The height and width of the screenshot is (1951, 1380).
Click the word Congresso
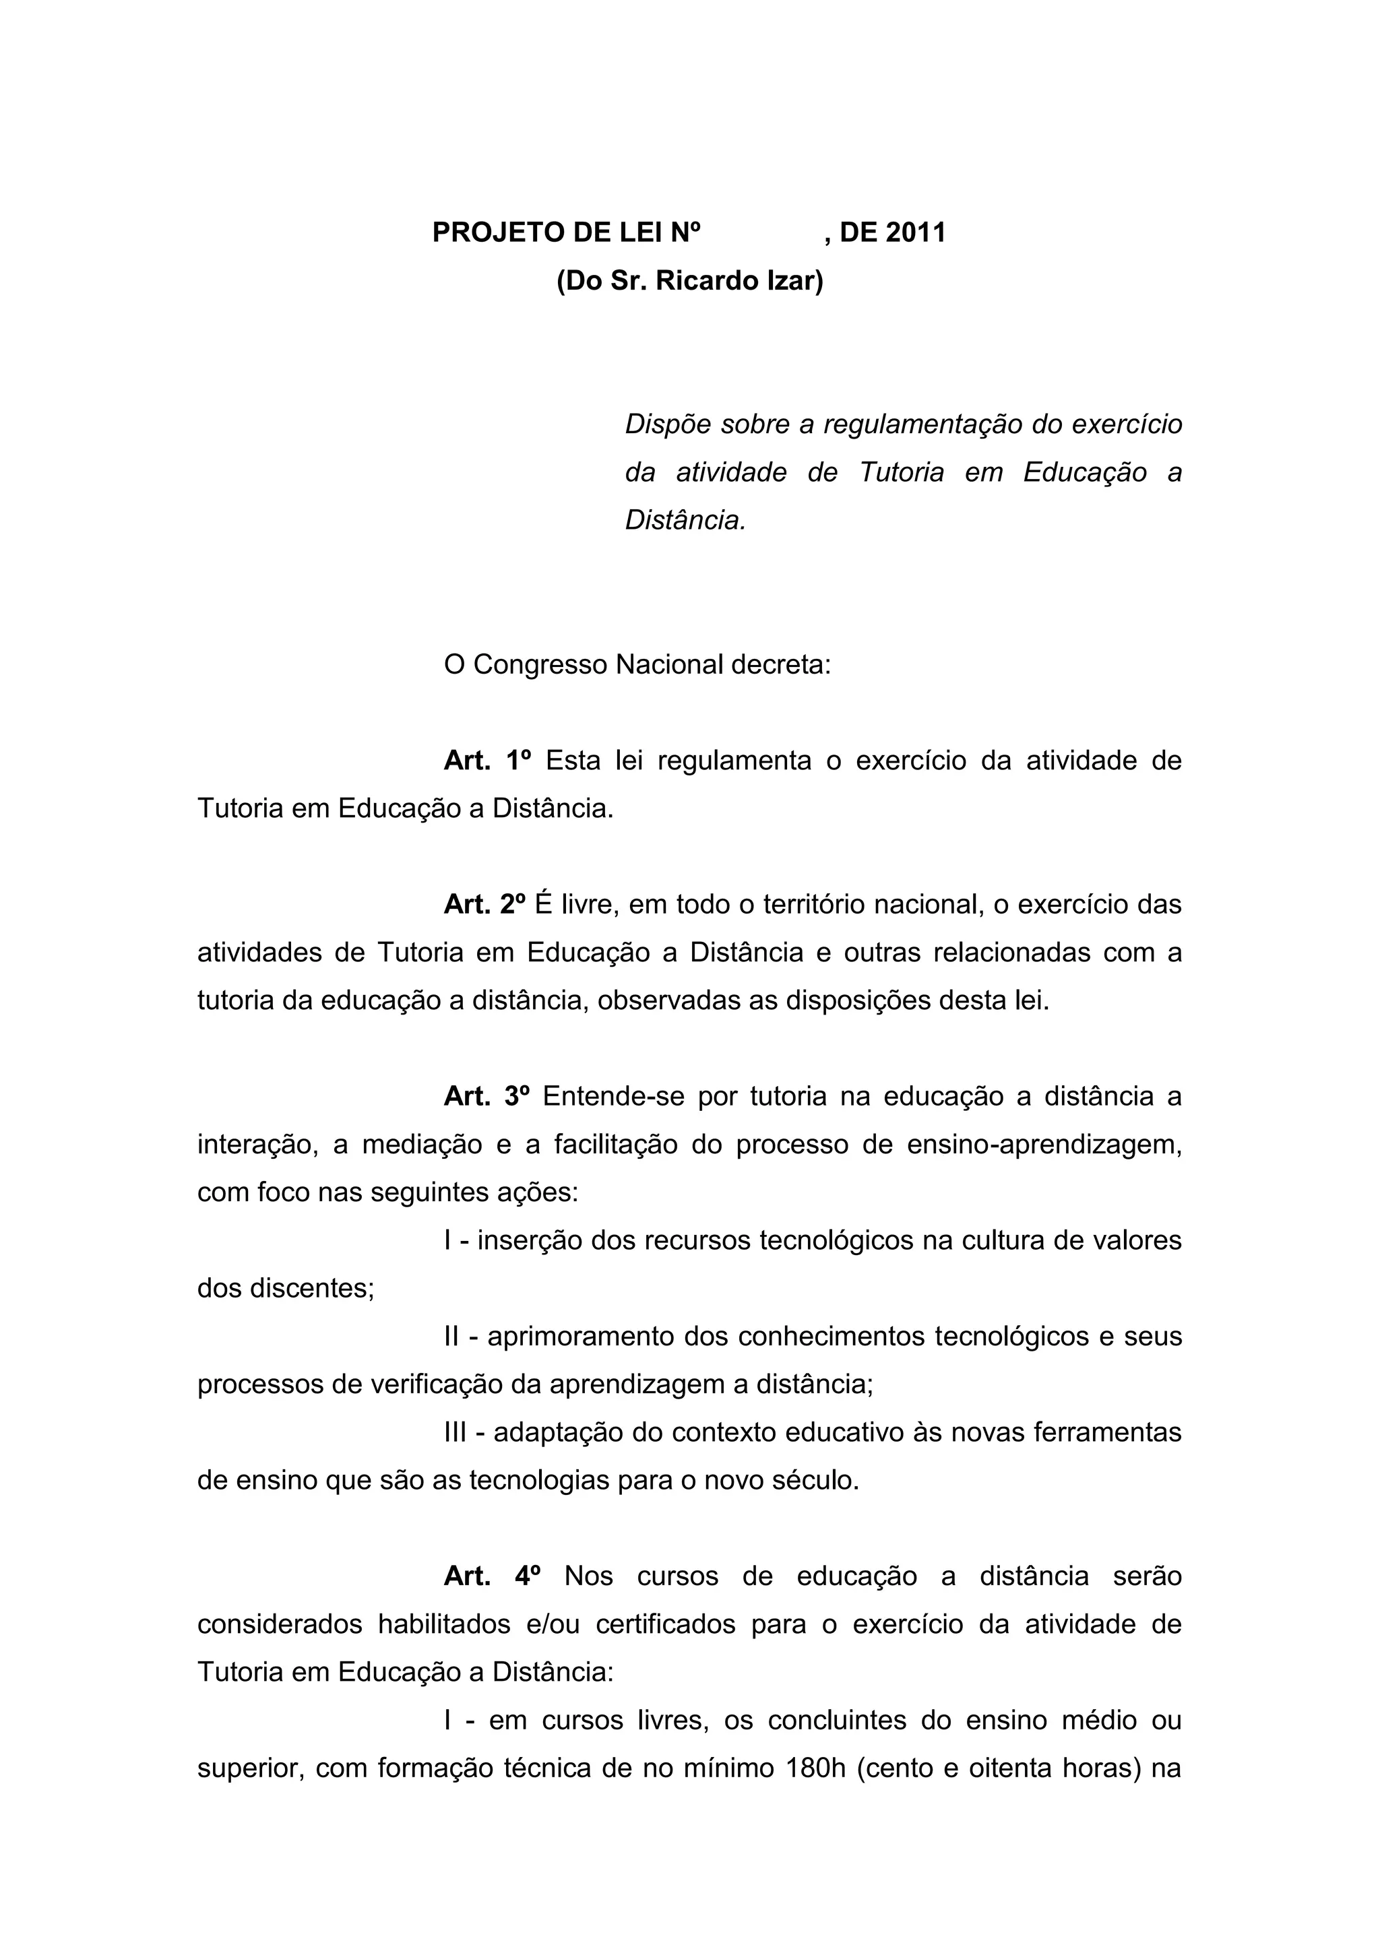coord(540,664)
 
